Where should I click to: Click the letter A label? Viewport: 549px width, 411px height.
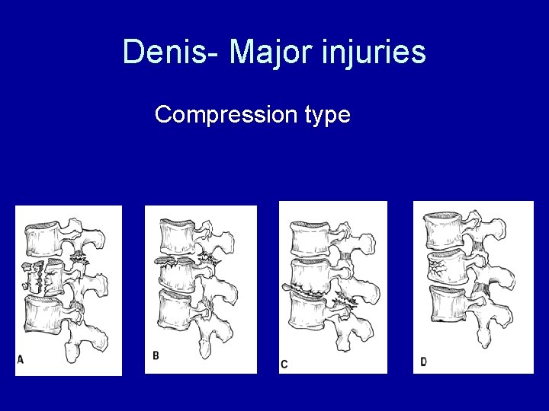20,359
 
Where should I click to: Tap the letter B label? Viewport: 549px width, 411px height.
156,355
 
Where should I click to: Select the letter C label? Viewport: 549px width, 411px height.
284,365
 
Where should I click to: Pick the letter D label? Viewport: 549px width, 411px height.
423,361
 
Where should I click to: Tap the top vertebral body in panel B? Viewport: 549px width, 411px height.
178,237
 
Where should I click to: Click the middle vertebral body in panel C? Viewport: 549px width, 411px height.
310,274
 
